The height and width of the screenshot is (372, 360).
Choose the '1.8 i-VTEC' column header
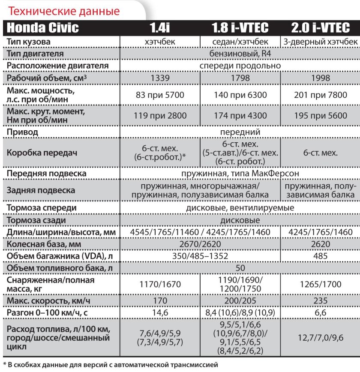pos(240,28)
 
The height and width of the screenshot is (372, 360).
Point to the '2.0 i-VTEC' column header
pos(320,28)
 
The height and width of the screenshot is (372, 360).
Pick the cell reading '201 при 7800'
pos(320,95)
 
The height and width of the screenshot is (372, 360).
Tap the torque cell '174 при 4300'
pos(240,116)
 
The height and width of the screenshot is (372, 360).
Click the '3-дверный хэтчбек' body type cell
pos(320,42)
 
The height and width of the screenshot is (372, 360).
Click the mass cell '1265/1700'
pos(320,284)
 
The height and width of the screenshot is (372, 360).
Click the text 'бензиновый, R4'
pos(240,54)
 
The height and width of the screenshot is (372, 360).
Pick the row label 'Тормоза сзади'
pos(35,220)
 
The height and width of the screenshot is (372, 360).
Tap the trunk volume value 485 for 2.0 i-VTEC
pos(320,256)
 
